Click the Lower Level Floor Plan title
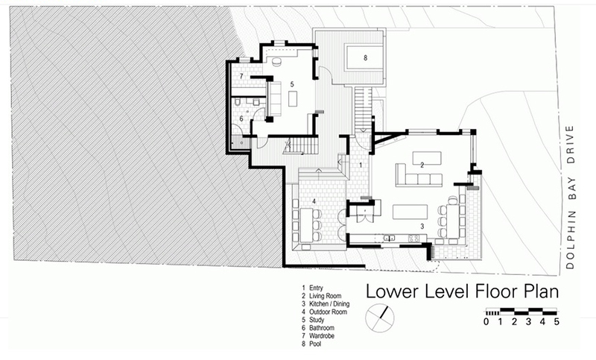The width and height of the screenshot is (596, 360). click(x=462, y=291)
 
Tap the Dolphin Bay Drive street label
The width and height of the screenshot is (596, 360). click(x=569, y=198)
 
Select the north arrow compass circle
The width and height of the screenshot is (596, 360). click(x=380, y=318)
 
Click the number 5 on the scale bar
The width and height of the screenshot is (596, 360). click(x=557, y=321)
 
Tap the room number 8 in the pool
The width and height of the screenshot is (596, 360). click(x=365, y=58)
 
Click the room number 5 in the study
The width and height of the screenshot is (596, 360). click(x=292, y=84)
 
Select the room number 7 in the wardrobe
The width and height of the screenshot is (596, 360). click(x=241, y=76)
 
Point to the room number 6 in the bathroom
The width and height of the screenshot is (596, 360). click(x=241, y=119)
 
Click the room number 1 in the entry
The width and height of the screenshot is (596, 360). click(x=361, y=165)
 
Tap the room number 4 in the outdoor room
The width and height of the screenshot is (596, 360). click(x=314, y=201)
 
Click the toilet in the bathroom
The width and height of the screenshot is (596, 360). click(x=238, y=102)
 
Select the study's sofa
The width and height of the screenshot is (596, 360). click(x=274, y=98)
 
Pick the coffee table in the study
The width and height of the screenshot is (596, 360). click(x=293, y=100)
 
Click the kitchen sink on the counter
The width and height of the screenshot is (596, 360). click(x=388, y=238)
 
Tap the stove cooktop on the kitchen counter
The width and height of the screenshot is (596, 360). click(x=413, y=239)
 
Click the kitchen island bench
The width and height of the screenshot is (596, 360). click(x=410, y=212)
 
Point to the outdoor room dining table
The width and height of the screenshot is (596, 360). click(x=307, y=225)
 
